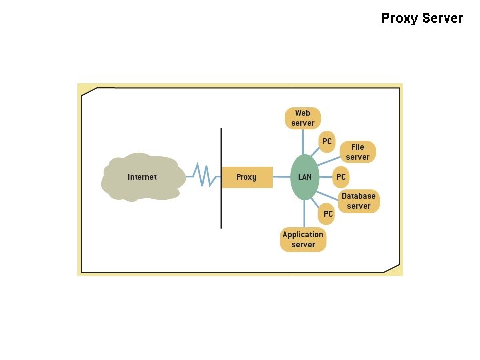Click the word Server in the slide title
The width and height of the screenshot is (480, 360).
click(443, 18)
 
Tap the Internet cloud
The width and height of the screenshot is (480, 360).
click(141, 177)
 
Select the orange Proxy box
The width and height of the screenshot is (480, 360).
click(246, 177)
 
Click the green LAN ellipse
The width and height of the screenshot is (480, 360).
click(305, 177)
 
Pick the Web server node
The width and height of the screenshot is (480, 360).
click(303, 118)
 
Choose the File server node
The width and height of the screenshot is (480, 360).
click(357, 152)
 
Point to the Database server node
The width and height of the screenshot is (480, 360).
click(359, 201)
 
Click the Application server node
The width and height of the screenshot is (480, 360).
click(303, 239)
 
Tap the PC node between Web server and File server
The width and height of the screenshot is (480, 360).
click(327, 141)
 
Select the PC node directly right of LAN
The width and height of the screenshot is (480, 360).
click(341, 177)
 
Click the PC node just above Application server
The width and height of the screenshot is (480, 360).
click(327, 213)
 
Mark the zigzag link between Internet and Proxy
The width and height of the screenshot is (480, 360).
click(203, 176)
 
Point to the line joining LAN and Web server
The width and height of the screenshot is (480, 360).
click(303, 141)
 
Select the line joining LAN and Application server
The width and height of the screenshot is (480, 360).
click(304, 213)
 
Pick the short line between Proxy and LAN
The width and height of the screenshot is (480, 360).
click(281, 177)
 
